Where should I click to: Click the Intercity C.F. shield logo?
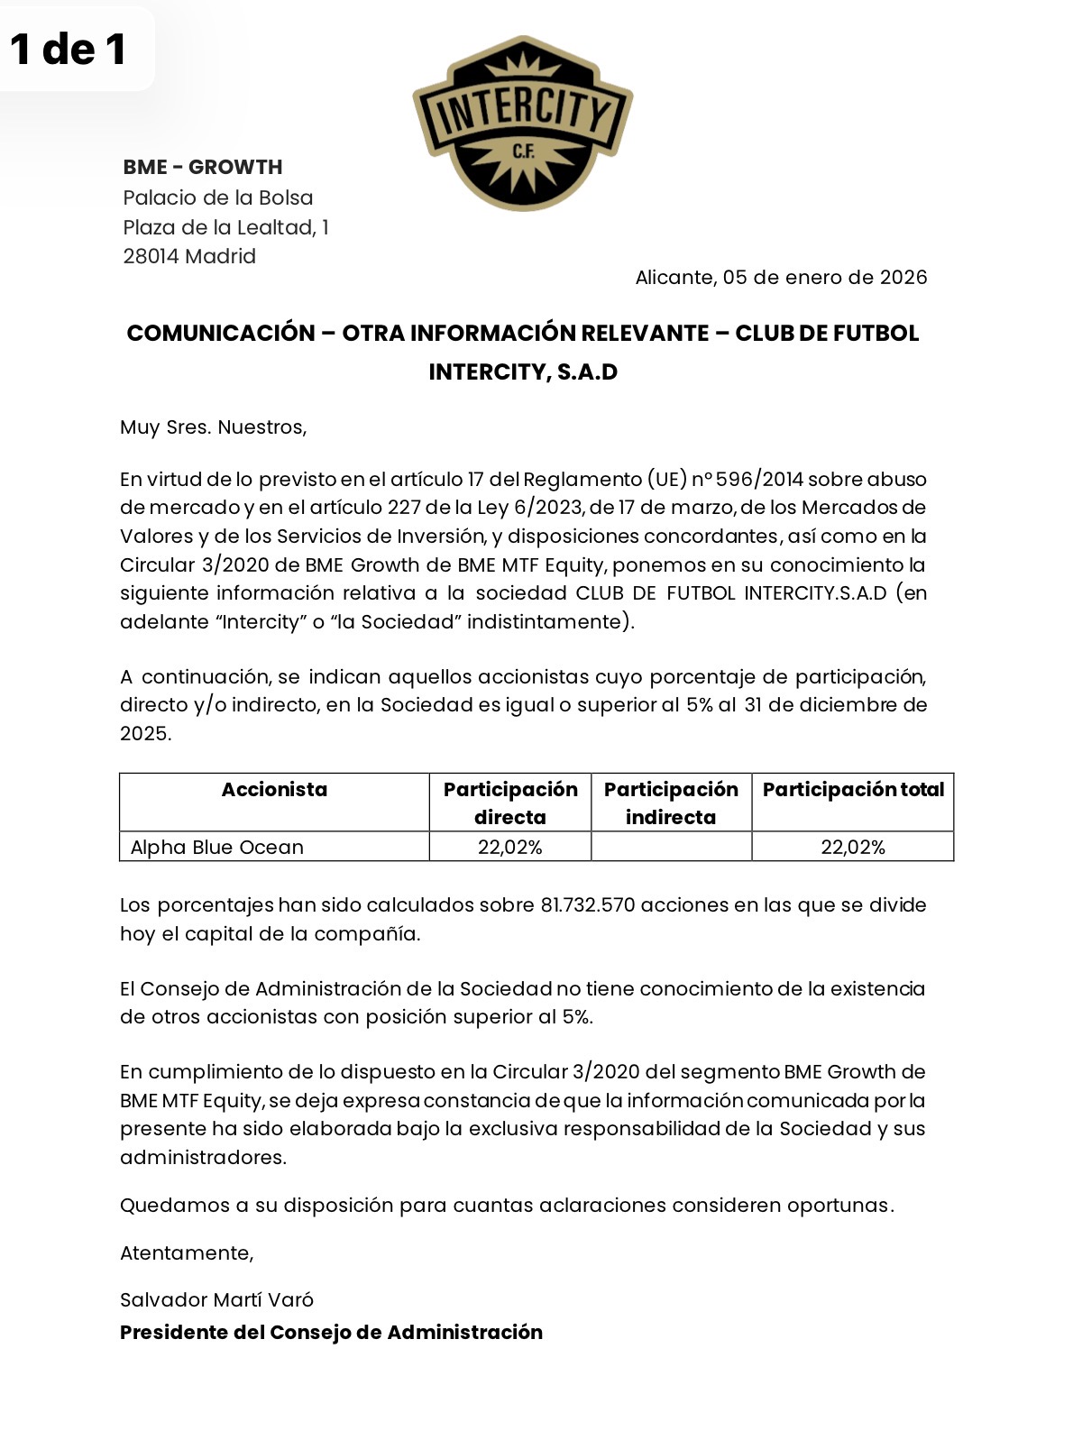(x=523, y=124)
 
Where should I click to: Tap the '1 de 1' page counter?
(x=69, y=49)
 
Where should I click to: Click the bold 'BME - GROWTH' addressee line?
(x=203, y=167)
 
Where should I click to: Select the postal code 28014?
(x=151, y=256)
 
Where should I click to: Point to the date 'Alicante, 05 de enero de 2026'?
(x=781, y=277)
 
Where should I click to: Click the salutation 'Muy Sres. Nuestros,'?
(x=214, y=427)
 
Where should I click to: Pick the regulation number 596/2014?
(x=759, y=479)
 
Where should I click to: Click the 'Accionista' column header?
(x=274, y=790)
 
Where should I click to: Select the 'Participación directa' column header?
(x=510, y=803)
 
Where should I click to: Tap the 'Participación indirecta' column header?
(x=671, y=803)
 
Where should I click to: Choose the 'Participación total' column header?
(x=853, y=790)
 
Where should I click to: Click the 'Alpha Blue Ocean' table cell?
(x=217, y=847)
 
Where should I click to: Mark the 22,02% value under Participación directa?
(x=510, y=847)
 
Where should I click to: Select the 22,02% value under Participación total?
(x=853, y=847)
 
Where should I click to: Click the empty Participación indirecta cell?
(x=671, y=847)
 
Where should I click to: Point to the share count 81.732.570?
(x=588, y=904)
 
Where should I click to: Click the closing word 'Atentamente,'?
(x=187, y=1252)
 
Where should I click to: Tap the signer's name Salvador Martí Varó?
(x=216, y=1299)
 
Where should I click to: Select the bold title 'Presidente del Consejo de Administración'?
(x=331, y=1332)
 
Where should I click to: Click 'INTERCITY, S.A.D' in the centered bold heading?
(x=523, y=372)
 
